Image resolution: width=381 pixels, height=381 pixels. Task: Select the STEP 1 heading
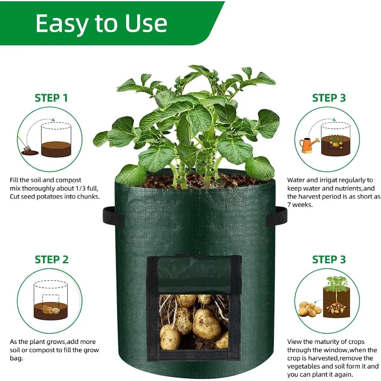51,98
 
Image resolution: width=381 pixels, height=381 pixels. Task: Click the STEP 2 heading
51,260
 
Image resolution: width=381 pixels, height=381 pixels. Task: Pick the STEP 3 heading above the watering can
329,98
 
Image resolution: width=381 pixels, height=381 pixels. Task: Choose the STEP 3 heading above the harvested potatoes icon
329,260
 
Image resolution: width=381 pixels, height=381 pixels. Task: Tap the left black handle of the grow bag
111,216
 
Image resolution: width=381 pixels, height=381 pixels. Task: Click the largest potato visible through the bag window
206,325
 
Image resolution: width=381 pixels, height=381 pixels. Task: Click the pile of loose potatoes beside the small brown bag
308,310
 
